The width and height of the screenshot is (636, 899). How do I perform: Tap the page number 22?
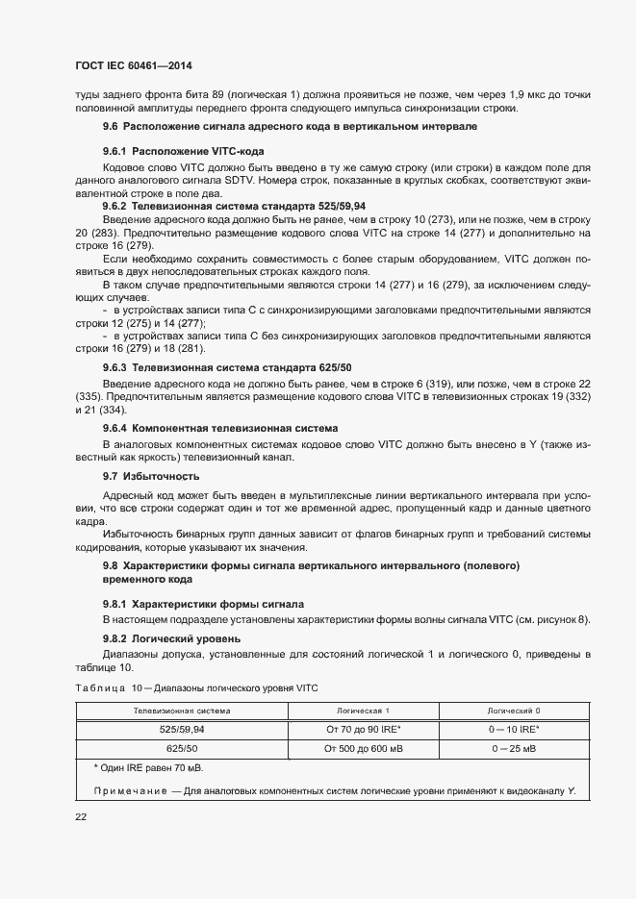point(81,816)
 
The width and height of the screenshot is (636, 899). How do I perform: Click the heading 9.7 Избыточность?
point(151,476)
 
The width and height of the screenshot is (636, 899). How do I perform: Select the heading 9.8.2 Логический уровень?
point(171,638)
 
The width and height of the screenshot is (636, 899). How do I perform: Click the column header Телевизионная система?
point(182,711)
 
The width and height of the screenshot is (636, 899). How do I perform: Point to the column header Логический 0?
point(514,711)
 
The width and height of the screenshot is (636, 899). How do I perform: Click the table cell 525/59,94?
point(182,729)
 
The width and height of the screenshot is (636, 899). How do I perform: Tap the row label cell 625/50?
point(182,747)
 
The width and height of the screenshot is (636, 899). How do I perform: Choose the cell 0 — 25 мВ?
point(514,747)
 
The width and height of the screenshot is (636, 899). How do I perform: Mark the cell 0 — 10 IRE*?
point(514,729)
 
